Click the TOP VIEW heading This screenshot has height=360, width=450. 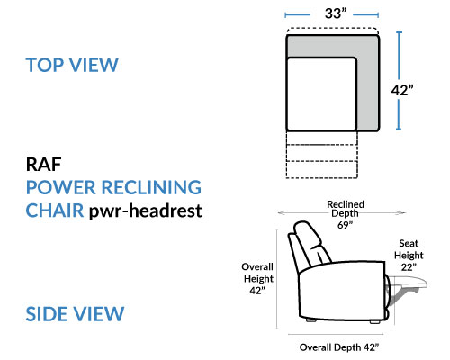(72, 65)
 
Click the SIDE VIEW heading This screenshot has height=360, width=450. (75, 314)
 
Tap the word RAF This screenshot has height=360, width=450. (44, 165)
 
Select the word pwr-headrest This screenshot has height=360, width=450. (146, 211)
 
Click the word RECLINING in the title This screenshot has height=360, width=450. (151, 187)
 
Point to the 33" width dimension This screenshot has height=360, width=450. (336, 13)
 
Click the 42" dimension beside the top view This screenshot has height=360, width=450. (402, 90)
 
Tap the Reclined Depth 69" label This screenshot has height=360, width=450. (346, 214)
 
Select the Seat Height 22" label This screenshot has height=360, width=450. (409, 255)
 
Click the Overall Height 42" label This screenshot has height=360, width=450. (258, 278)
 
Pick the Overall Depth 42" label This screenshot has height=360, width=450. (339, 347)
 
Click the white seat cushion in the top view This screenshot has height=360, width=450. (321, 94)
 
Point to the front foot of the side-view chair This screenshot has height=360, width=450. (374, 322)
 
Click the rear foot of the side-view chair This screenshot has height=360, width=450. (311, 320)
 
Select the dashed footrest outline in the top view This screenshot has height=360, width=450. (322, 155)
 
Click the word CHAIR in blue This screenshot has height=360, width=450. (55, 211)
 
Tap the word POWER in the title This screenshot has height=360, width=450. (61, 187)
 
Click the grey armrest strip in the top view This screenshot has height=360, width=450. (368, 90)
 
